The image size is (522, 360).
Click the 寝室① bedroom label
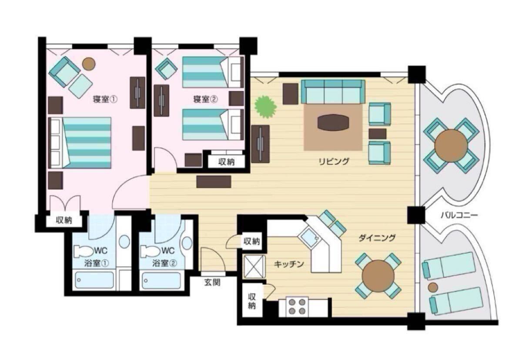pos(105,100)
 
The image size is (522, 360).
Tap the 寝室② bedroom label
pos(205,100)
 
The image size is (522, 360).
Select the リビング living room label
pos(334,161)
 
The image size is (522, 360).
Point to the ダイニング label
pos(377,238)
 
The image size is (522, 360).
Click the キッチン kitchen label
pos(289,264)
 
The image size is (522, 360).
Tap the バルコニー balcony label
pos(459,215)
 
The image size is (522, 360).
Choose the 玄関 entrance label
pos(212,283)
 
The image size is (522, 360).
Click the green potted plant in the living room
pos(265,107)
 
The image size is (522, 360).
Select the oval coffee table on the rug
pos(333,123)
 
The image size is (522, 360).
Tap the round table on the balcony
pos(451,146)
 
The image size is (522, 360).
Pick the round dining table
pos(378,276)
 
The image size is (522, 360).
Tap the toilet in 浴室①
pos(83,251)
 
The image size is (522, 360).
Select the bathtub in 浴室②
pos(161,280)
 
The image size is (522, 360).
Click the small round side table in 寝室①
pos(89,64)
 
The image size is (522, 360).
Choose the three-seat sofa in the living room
pos(333,92)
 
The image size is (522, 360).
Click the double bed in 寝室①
pos(80,143)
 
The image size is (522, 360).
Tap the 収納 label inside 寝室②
pos(226,162)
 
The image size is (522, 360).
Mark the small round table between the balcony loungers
pos(433,287)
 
